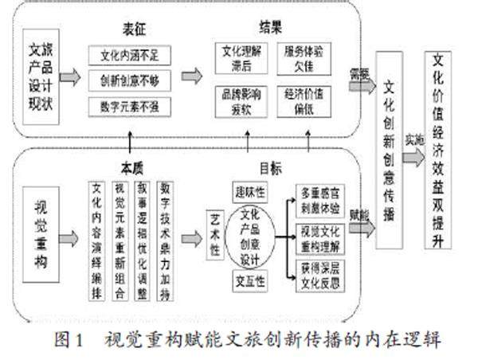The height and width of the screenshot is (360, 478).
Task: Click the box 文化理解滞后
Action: pos(237,58)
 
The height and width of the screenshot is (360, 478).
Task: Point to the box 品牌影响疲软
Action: pos(237,99)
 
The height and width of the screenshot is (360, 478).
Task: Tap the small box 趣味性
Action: pos(249,194)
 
